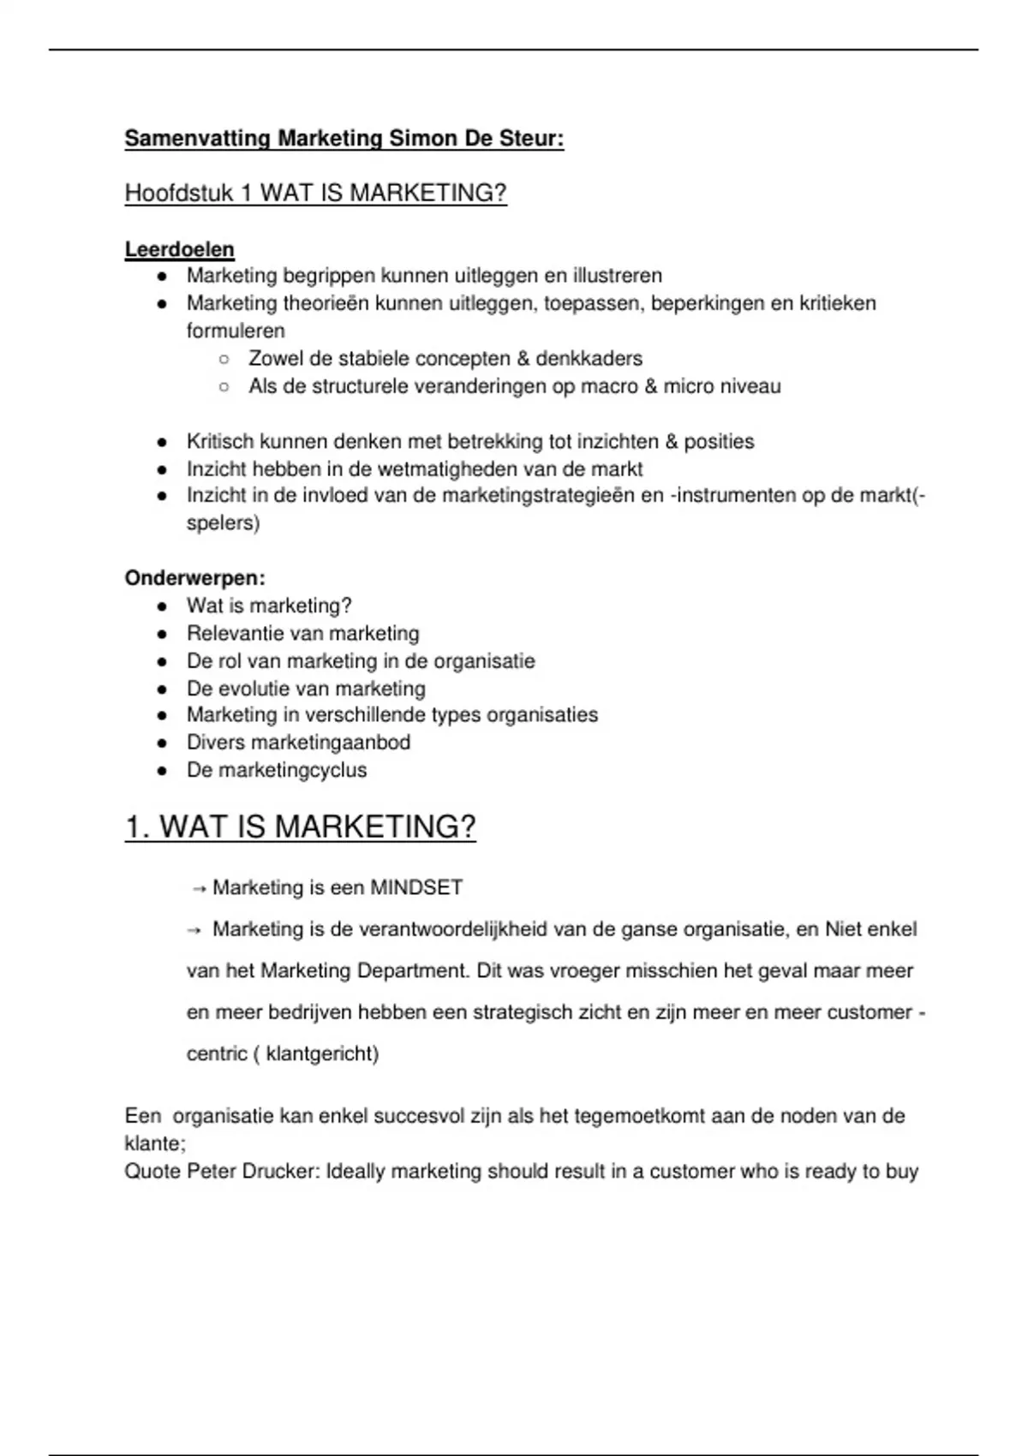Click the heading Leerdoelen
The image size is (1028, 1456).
point(179,249)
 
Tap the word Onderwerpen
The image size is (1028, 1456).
point(194,578)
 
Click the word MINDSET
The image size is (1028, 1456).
point(416,888)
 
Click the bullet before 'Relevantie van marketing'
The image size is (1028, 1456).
point(161,635)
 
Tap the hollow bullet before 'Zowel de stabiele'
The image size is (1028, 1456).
point(224,360)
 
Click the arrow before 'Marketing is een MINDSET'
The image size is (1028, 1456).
point(198,889)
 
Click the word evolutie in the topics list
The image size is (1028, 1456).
point(259,689)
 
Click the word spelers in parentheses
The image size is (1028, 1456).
point(220,522)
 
